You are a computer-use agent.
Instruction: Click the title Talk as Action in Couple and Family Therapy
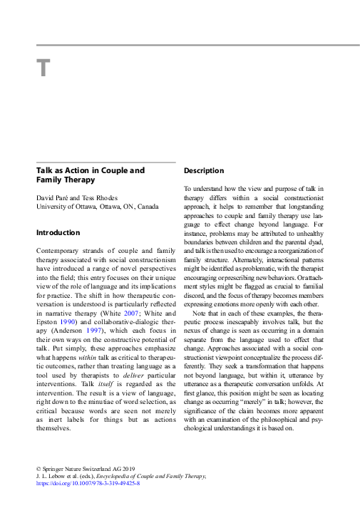90,175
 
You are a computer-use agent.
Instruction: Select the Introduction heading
58,232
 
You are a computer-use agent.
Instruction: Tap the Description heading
204,171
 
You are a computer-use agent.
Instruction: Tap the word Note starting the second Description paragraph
199,313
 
